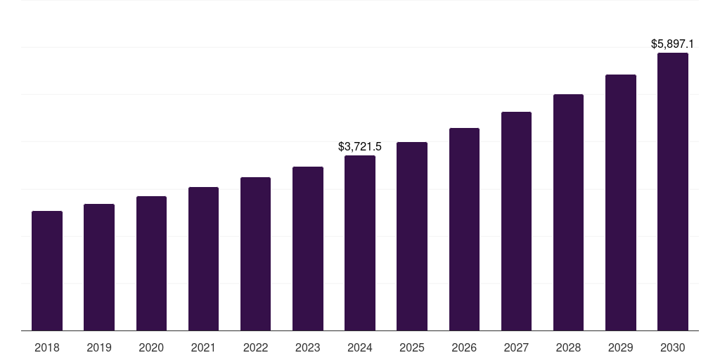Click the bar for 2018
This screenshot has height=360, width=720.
[x=47, y=271]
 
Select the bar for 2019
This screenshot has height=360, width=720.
[x=99, y=267]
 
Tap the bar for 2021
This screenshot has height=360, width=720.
[x=203, y=259]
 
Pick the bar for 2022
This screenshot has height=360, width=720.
[x=255, y=254]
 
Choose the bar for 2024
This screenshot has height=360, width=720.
[x=360, y=243]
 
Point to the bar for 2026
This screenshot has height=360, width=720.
[x=464, y=229]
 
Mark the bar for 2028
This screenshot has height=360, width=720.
[x=568, y=212]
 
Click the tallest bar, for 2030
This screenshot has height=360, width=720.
[x=672, y=192]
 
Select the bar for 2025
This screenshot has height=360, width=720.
[x=412, y=236]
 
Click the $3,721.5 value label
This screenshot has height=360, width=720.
[x=360, y=147]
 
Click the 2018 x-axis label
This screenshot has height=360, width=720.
[x=47, y=348]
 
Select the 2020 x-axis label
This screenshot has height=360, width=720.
[x=151, y=348]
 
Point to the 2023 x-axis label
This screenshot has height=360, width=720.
[x=307, y=348]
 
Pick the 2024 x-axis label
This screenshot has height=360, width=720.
[x=360, y=348]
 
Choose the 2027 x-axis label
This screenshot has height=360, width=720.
[x=516, y=348]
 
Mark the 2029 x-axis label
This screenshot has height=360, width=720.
[x=620, y=348]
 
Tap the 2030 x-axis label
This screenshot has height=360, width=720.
[x=672, y=348]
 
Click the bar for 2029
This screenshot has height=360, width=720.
[x=620, y=202]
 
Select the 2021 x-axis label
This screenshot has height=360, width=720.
[x=203, y=348]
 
